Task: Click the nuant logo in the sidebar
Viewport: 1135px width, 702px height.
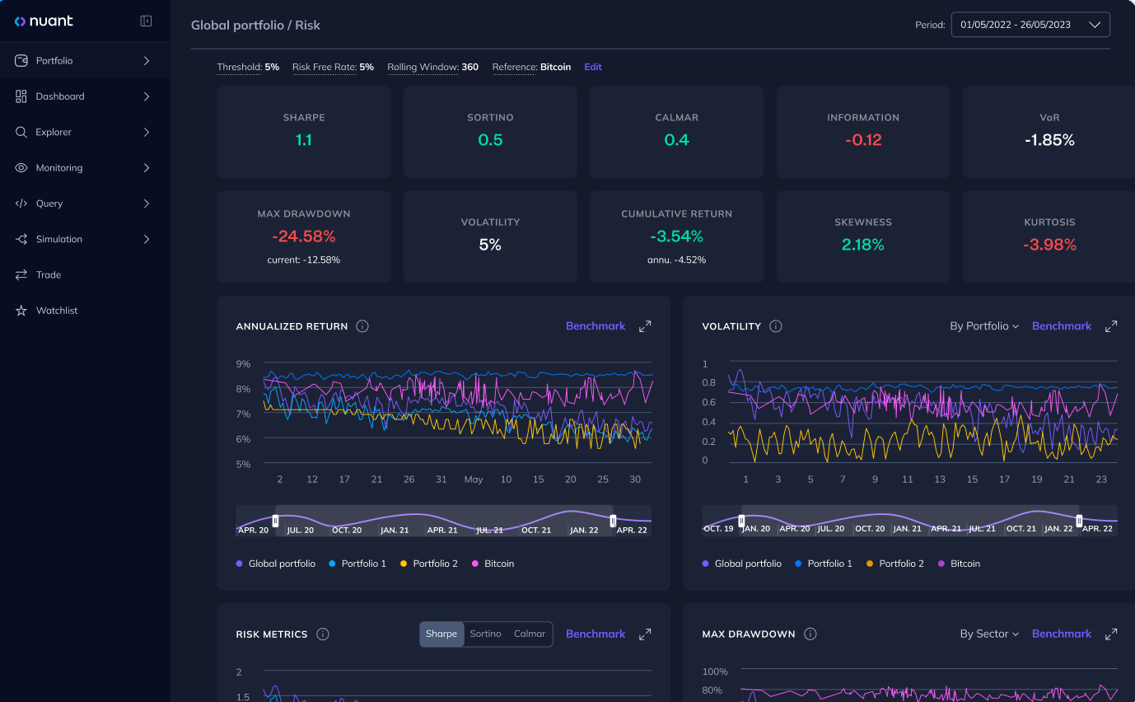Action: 44,21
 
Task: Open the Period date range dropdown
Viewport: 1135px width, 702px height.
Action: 1030,25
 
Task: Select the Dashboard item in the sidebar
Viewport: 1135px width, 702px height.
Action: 60,96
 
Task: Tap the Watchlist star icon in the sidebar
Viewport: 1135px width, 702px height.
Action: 21,311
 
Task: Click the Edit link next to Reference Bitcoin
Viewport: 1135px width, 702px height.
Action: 593,68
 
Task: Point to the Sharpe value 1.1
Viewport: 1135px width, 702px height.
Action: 304,140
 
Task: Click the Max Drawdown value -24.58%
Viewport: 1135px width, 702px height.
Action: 304,236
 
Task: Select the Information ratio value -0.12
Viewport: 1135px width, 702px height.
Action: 862,140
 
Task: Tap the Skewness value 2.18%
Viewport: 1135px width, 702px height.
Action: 862,245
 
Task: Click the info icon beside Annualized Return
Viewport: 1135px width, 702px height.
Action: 362,326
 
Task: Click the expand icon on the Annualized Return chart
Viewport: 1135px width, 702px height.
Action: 645,326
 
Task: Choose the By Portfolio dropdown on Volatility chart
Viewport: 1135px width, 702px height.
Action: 983,326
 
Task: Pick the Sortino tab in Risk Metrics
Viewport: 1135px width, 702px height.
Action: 485,634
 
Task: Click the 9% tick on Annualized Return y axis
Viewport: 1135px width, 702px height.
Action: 243,363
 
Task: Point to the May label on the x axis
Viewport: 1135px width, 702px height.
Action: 474,480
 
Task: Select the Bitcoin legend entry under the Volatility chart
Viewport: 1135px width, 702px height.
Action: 959,564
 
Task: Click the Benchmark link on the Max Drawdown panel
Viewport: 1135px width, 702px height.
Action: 1061,634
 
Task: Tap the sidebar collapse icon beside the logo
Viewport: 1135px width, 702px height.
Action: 146,21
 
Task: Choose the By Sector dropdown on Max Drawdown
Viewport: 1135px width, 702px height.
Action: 988,634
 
